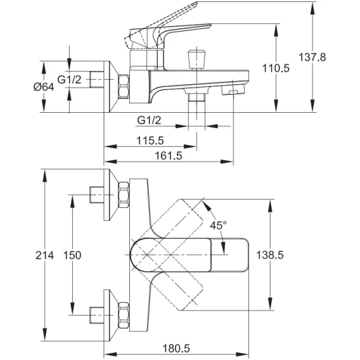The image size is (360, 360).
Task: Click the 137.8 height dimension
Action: tap(312, 57)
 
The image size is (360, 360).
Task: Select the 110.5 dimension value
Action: tap(276, 68)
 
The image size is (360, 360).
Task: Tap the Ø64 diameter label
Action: tap(44, 87)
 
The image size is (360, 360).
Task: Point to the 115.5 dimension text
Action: tap(150, 141)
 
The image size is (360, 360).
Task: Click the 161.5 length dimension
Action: tap(169, 156)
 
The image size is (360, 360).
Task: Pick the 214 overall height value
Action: tap(45, 255)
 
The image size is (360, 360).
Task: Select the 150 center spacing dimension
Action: tap(72, 255)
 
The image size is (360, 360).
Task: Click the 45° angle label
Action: tap(218, 225)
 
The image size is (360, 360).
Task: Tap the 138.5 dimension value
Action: tap(270, 255)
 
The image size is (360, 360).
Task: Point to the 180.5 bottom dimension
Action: tap(176, 349)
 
